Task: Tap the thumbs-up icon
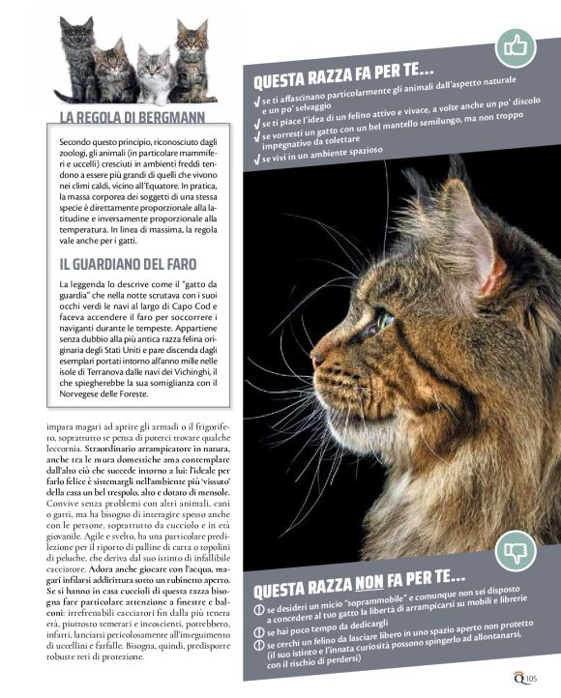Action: tap(515, 46)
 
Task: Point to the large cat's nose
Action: tap(317, 360)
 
